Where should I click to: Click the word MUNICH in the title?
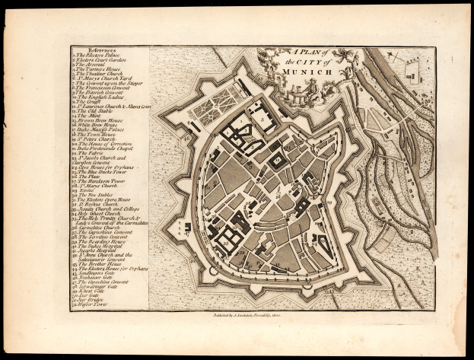(311, 71)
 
